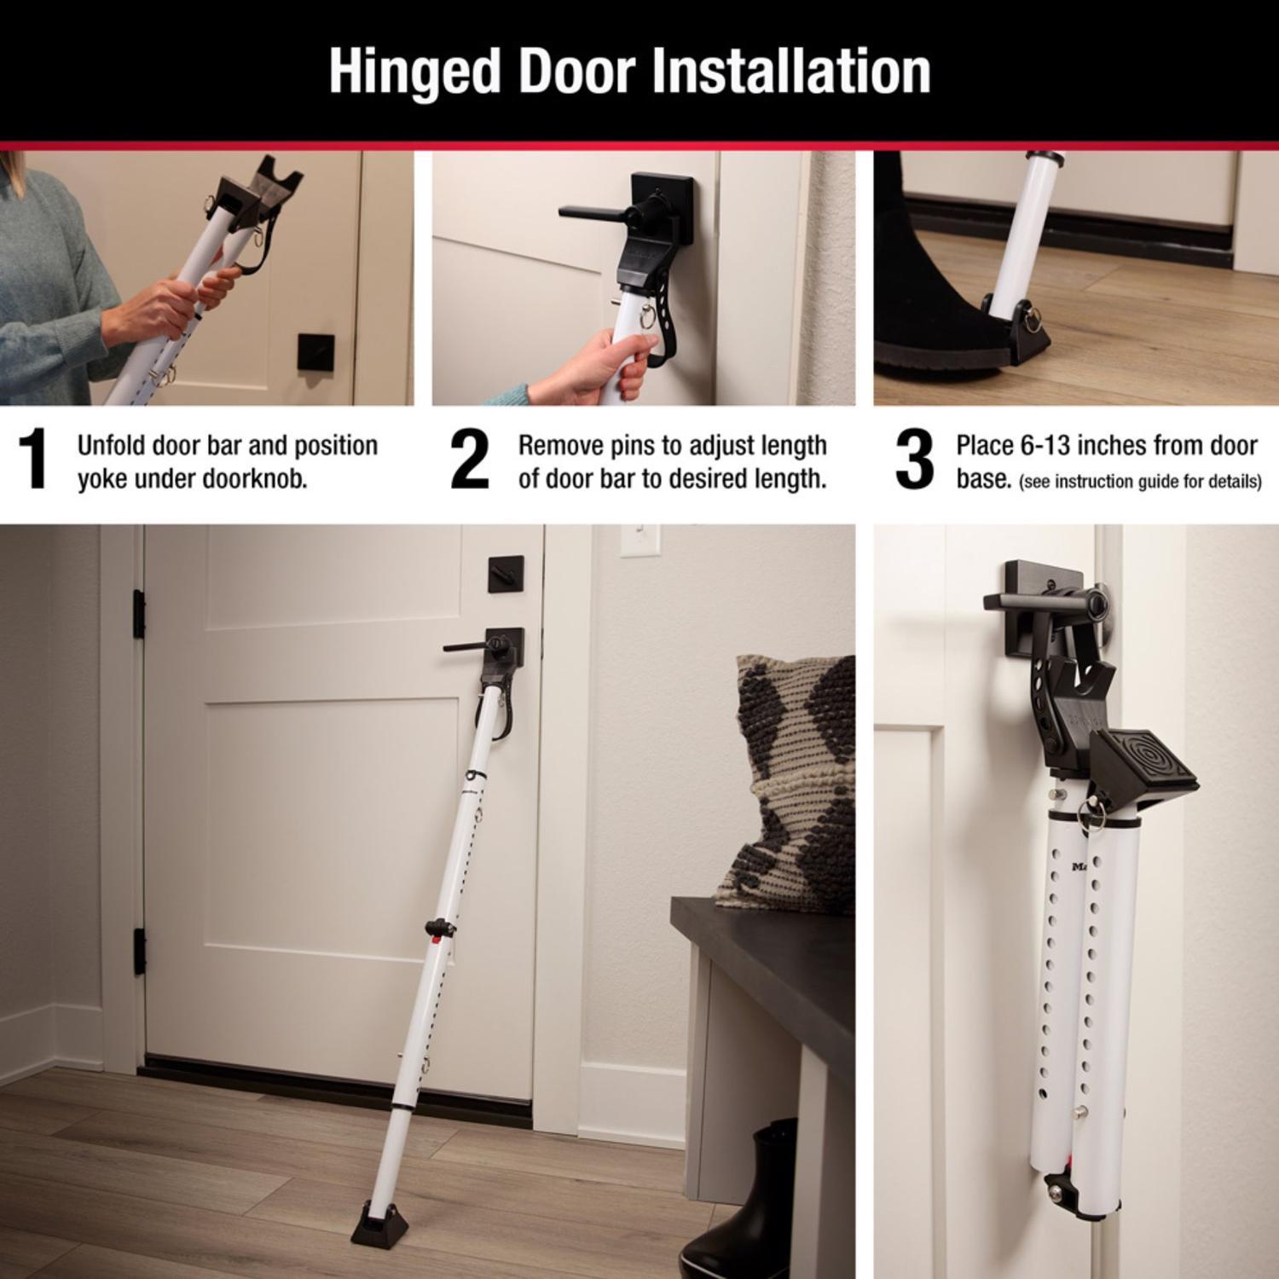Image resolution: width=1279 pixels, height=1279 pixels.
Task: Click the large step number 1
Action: click(33, 460)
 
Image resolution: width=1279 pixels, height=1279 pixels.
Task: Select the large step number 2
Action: click(470, 460)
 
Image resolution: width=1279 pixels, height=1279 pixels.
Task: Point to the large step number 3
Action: click(914, 460)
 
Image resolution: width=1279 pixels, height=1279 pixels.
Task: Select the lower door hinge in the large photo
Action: click(138, 952)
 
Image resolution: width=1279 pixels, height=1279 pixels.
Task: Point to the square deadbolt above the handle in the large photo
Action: click(500, 575)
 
